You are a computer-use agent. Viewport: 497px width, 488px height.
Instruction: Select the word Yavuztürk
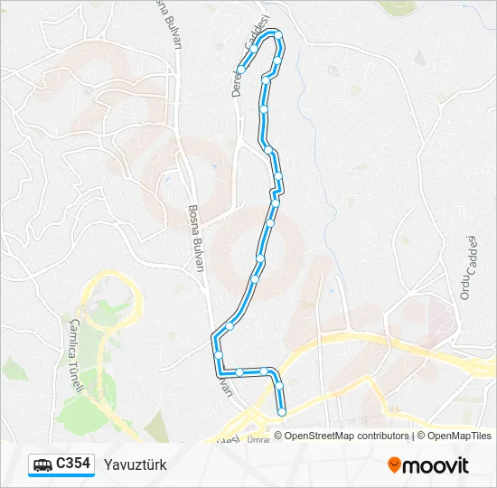click(136, 465)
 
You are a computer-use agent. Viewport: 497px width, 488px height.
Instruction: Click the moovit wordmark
click(436, 465)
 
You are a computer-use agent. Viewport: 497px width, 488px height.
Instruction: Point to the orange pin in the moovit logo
click(394, 465)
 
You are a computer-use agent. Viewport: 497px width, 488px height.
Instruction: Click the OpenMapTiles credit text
click(462, 436)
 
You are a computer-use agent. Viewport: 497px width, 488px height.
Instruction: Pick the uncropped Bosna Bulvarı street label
click(193, 237)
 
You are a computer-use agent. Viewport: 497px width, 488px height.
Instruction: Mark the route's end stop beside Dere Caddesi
click(241, 70)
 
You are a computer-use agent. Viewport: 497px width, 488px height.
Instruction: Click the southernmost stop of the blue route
click(282, 412)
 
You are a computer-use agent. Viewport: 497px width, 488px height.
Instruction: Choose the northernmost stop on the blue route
click(278, 35)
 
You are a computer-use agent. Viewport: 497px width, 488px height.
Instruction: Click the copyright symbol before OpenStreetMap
click(278, 436)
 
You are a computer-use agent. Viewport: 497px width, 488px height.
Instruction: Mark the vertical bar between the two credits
click(413, 436)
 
